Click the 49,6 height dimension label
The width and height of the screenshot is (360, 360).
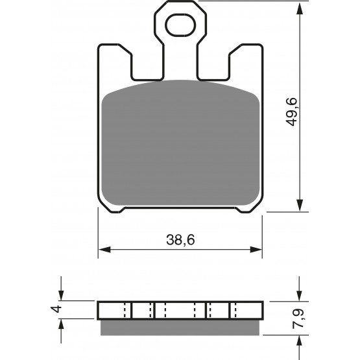tap(291, 112)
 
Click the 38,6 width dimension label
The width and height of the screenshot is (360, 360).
tap(180, 240)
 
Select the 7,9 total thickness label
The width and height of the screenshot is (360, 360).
tap(298, 318)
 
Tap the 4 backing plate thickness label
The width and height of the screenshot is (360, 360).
tap(56, 309)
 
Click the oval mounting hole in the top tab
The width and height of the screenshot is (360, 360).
tap(180, 25)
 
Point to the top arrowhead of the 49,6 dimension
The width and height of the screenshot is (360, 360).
tap(299, 9)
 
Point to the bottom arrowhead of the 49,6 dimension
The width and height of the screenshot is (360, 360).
tap(299, 205)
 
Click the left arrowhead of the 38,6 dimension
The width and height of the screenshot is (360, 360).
tap(104, 250)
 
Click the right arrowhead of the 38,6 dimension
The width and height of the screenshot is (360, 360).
tap(256, 250)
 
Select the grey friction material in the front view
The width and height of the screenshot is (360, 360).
tap(180, 143)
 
